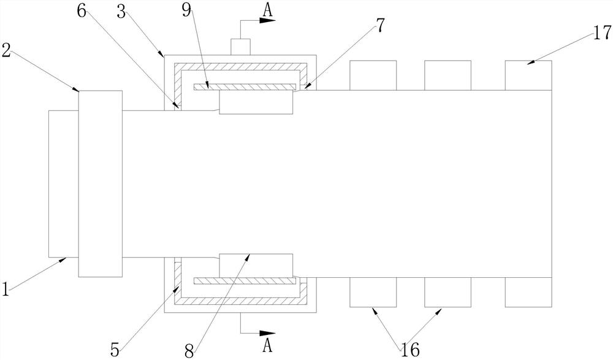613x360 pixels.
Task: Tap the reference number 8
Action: [189, 350]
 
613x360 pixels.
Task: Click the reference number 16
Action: [409, 350]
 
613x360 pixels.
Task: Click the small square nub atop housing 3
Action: [240, 47]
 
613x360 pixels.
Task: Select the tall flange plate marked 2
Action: [101, 183]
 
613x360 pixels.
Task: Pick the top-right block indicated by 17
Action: [528, 75]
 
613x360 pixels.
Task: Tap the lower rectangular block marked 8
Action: [256, 265]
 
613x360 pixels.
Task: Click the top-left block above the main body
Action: [373, 75]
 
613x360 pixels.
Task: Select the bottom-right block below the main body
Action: [528, 292]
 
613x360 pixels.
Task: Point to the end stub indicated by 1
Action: [63, 183]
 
